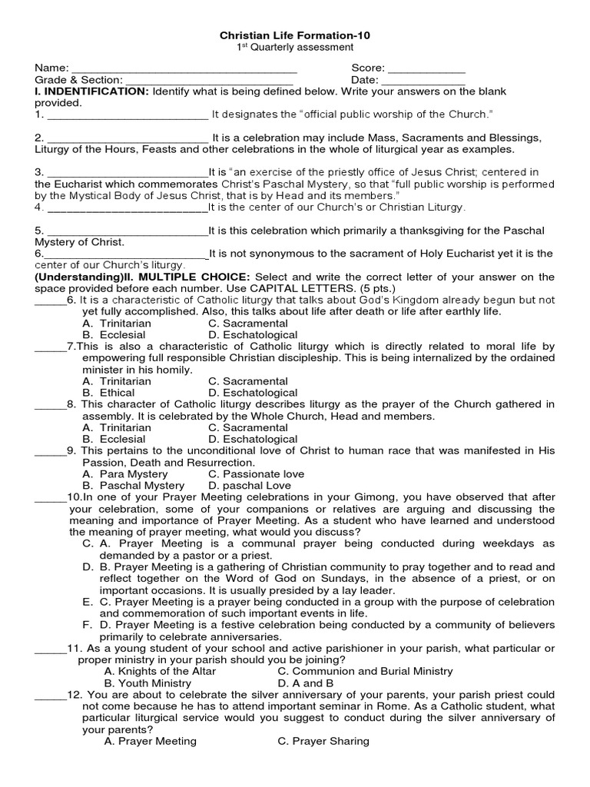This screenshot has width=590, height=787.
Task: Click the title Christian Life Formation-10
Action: click(x=294, y=36)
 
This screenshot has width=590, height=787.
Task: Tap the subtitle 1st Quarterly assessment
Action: click(x=294, y=48)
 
